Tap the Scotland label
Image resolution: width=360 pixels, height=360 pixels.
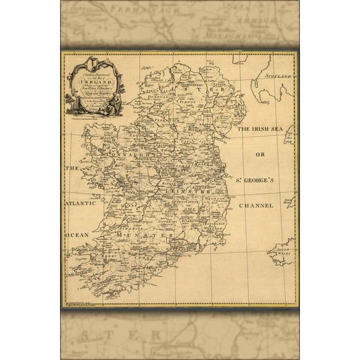(278, 76)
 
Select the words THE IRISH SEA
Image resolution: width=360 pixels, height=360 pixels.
(261, 127)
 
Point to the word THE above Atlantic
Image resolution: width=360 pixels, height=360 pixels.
(74, 169)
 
